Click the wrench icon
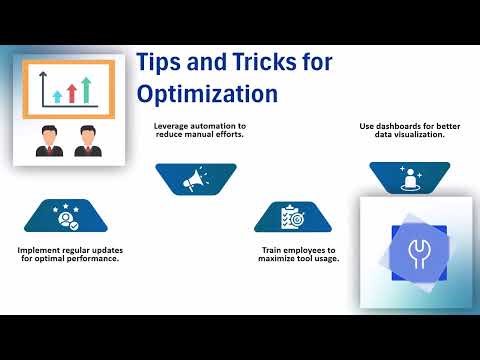click(414, 252)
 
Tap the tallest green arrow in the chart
click(87, 89)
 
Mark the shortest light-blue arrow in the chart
click(57, 96)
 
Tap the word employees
click(299, 250)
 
